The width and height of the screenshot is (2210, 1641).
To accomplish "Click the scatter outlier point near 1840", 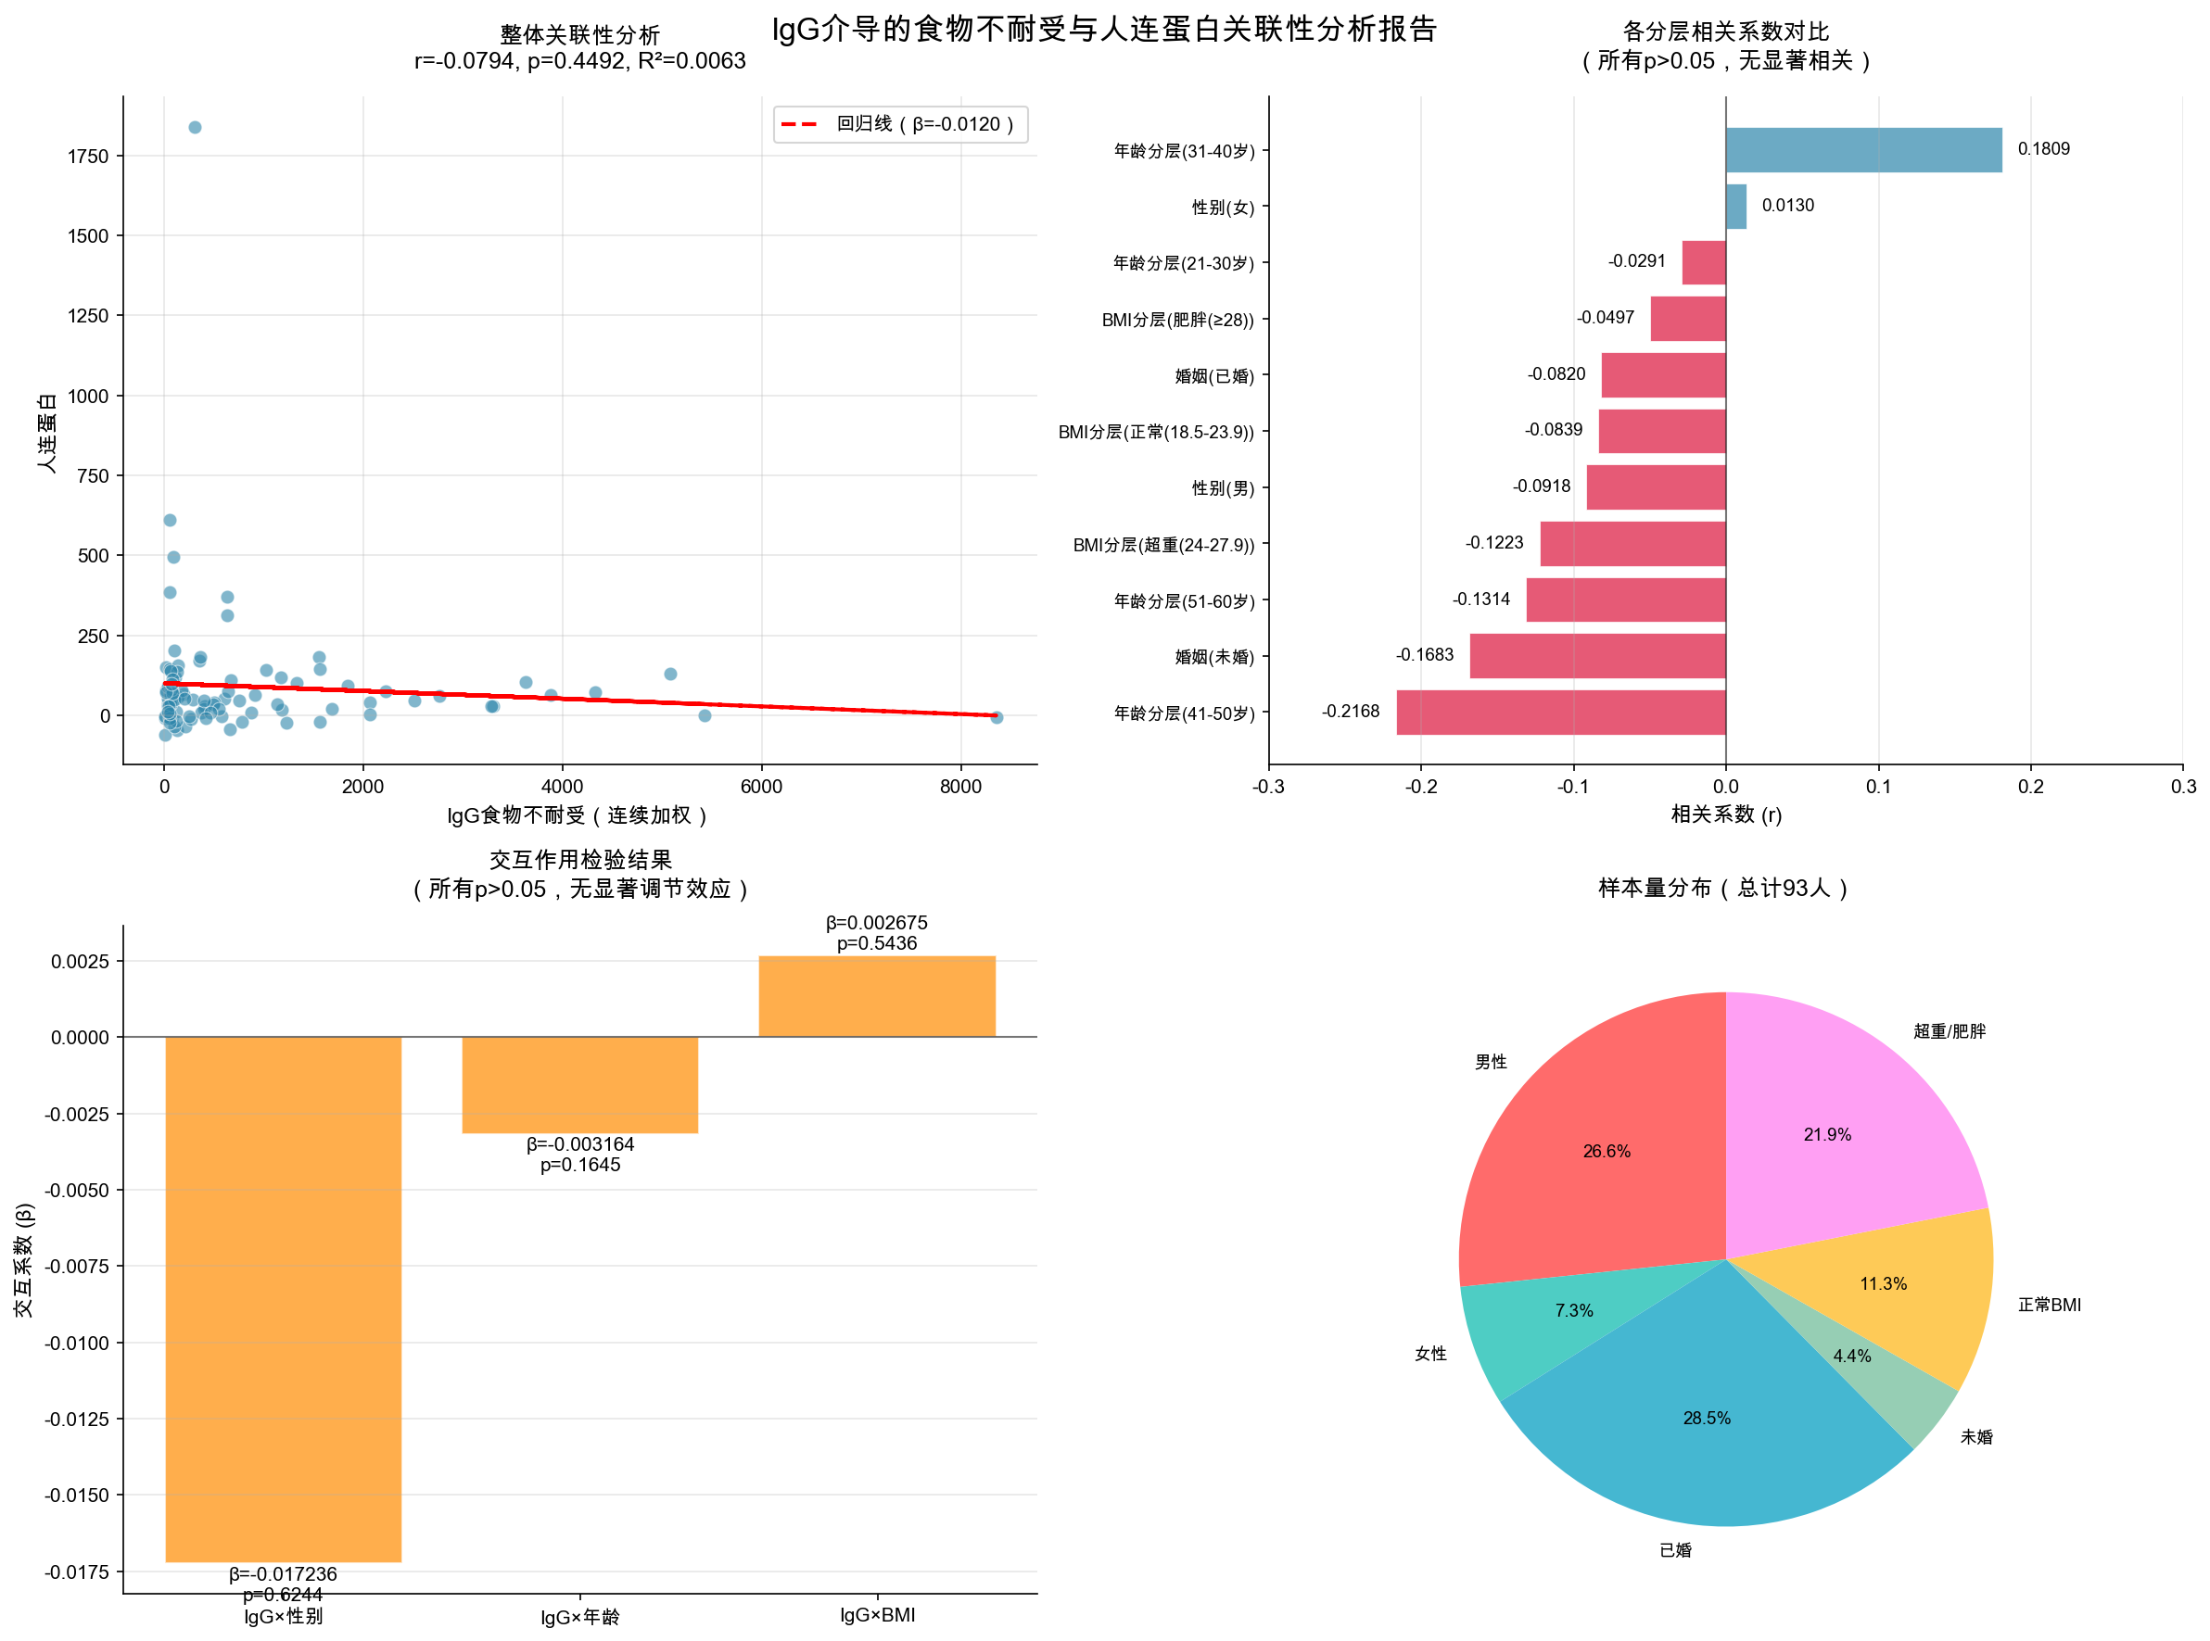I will pos(195,127).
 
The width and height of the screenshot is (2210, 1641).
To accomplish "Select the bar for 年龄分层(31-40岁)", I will pos(1863,150).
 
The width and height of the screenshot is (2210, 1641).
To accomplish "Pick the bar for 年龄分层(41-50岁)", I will pos(1560,713).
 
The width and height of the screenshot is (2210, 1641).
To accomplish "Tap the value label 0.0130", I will pos(1786,206).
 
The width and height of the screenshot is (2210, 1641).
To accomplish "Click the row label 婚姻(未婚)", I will pos(1214,658).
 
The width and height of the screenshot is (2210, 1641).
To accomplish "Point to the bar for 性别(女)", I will pos(1735,207).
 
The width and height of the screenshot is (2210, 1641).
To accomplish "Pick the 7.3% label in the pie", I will pos(1574,1311).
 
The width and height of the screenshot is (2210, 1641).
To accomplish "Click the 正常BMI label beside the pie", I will pos(2048,1306).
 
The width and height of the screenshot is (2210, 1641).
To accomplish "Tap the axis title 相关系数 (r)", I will pos(1725,814).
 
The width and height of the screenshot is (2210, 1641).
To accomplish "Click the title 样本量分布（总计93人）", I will pos(1723,888).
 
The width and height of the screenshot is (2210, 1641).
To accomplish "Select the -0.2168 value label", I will pos(1350,712).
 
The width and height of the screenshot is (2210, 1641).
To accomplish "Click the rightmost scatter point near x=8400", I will pos(997,717).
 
